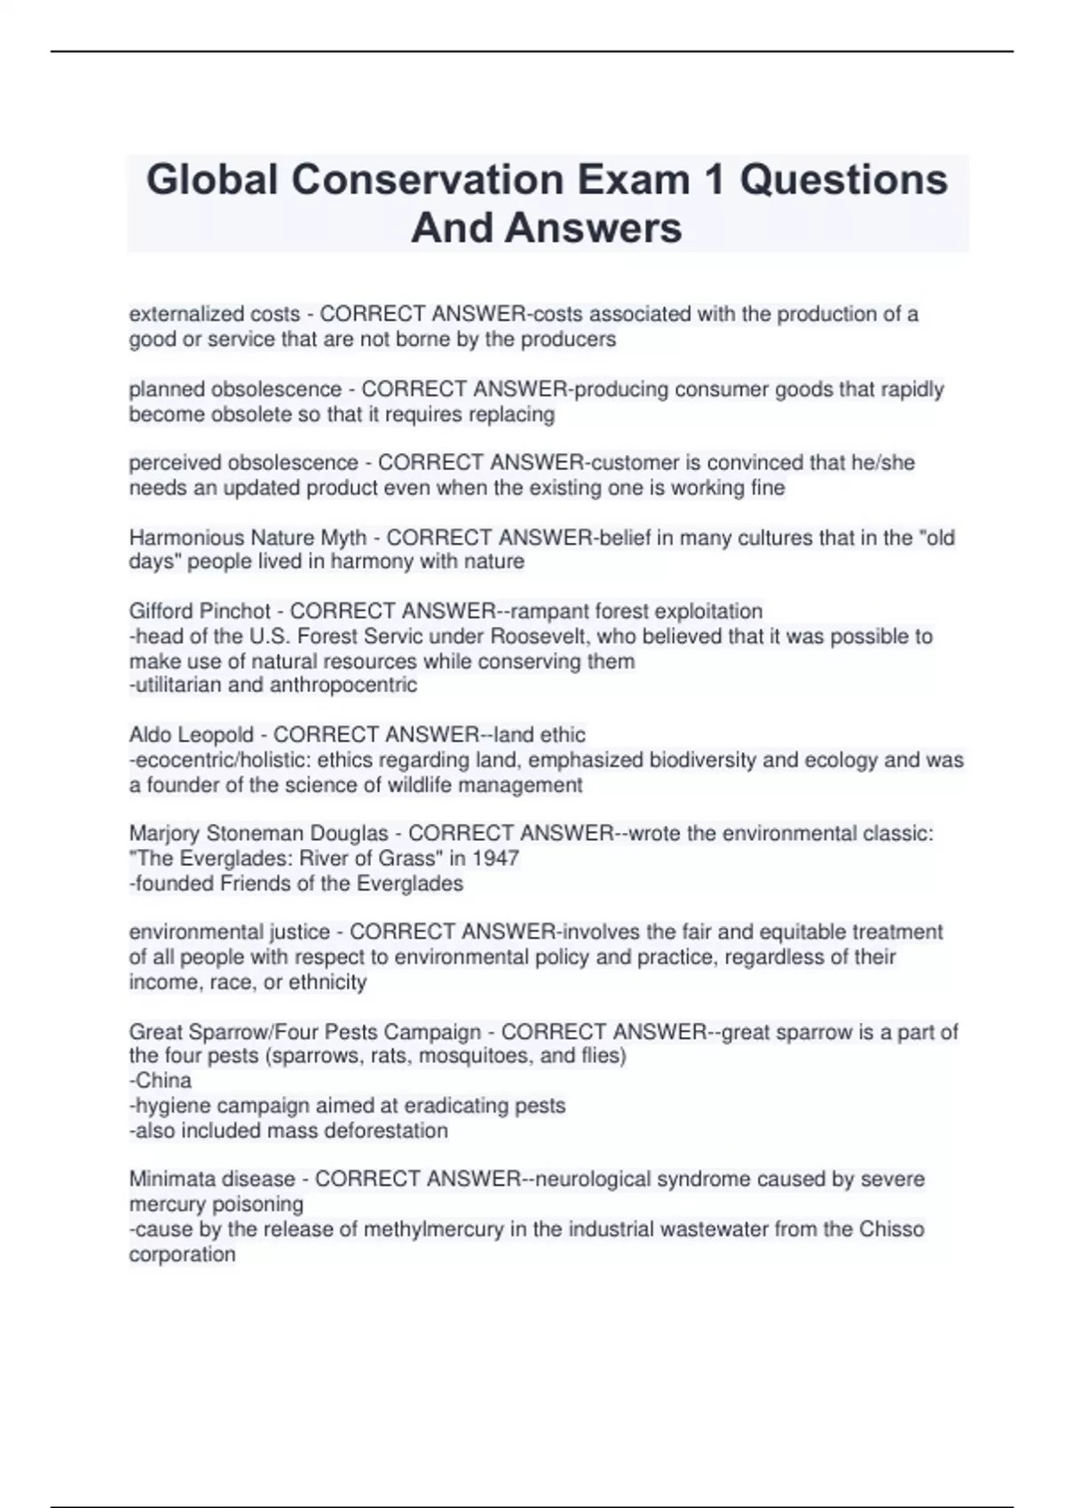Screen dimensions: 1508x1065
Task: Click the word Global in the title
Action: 212,180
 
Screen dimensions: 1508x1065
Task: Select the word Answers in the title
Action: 595,228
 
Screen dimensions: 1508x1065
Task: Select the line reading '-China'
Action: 161,1080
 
